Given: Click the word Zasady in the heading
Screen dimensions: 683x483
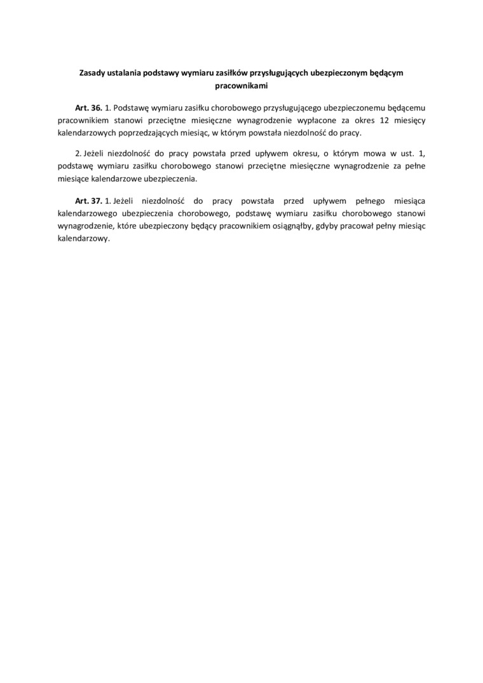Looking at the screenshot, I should click(92, 73).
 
